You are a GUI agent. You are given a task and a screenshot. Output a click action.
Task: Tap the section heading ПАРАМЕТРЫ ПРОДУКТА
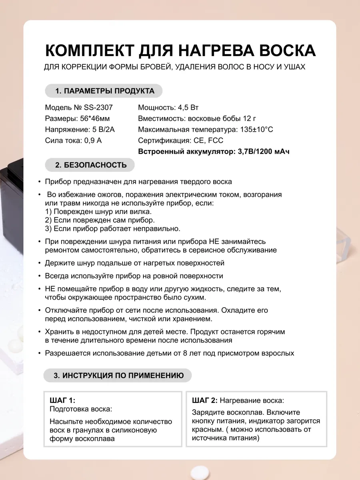104,91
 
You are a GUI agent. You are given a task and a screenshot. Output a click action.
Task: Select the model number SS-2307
98,108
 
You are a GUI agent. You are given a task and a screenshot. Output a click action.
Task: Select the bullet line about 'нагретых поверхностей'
134,263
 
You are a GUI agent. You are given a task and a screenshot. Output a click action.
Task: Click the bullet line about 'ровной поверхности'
134,276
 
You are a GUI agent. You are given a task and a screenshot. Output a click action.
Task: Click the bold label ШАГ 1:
62,400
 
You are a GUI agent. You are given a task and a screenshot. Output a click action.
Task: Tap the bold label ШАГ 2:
205,400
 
